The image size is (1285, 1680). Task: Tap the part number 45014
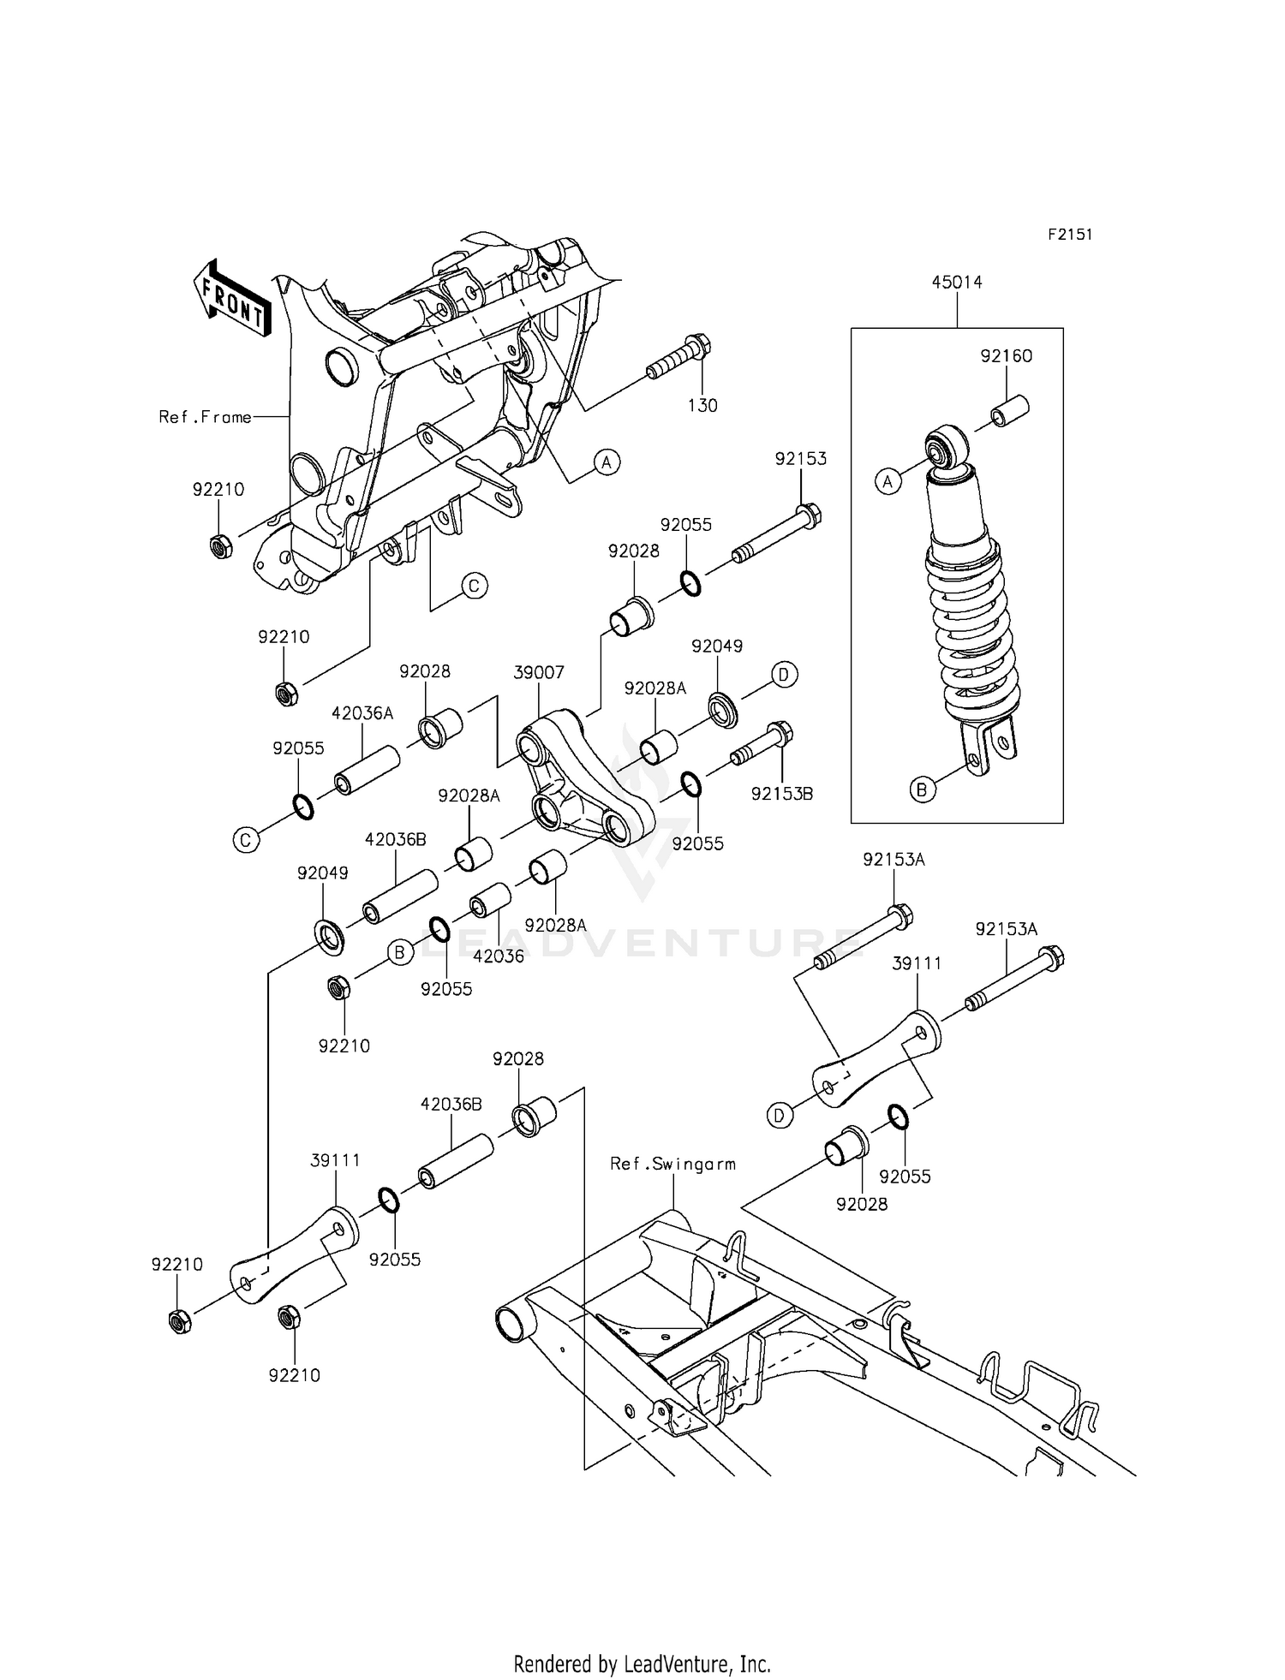click(x=957, y=283)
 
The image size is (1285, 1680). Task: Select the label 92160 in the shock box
click(x=1006, y=356)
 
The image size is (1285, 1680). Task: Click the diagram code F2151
click(x=1070, y=235)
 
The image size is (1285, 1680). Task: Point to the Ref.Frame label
click(x=206, y=417)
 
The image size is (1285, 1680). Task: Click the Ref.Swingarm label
click(x=672, y=1164)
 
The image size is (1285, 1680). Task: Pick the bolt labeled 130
click(x=681, y=359)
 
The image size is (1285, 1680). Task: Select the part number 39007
click(x=539, y=673)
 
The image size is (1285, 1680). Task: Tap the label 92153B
click(x=781, y=794)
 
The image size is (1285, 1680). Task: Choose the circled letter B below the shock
click(x=922, y=790)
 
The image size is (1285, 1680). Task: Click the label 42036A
click(x=362, y=713)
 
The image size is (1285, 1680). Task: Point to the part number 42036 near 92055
click(x=499, y=956)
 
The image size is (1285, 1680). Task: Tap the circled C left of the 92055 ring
click(x=245, y=841)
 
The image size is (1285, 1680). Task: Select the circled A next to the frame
click(x=607, y=462)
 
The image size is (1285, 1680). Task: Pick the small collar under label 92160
click(x=1008, y=411)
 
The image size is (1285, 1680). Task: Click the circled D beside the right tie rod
click(x=780, y=1116)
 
